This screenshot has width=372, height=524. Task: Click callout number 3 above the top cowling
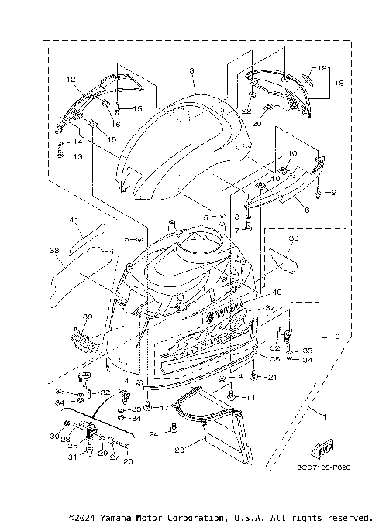click(x=191, y=70)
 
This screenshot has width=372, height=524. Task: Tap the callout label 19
click(x=322, y=68)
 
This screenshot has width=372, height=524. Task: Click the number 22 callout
click(x=246, y=111)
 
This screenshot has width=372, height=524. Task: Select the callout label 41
click(x=75, y=221)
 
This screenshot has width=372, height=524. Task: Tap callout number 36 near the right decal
click(x=293, y=238)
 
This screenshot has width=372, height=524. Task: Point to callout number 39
click(x=88, y=317)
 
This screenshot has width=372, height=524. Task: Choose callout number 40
click(x=277, y=293)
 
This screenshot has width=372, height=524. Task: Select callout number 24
click(x=154, y=434)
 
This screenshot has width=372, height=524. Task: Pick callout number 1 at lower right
click(x=324, y=416)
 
